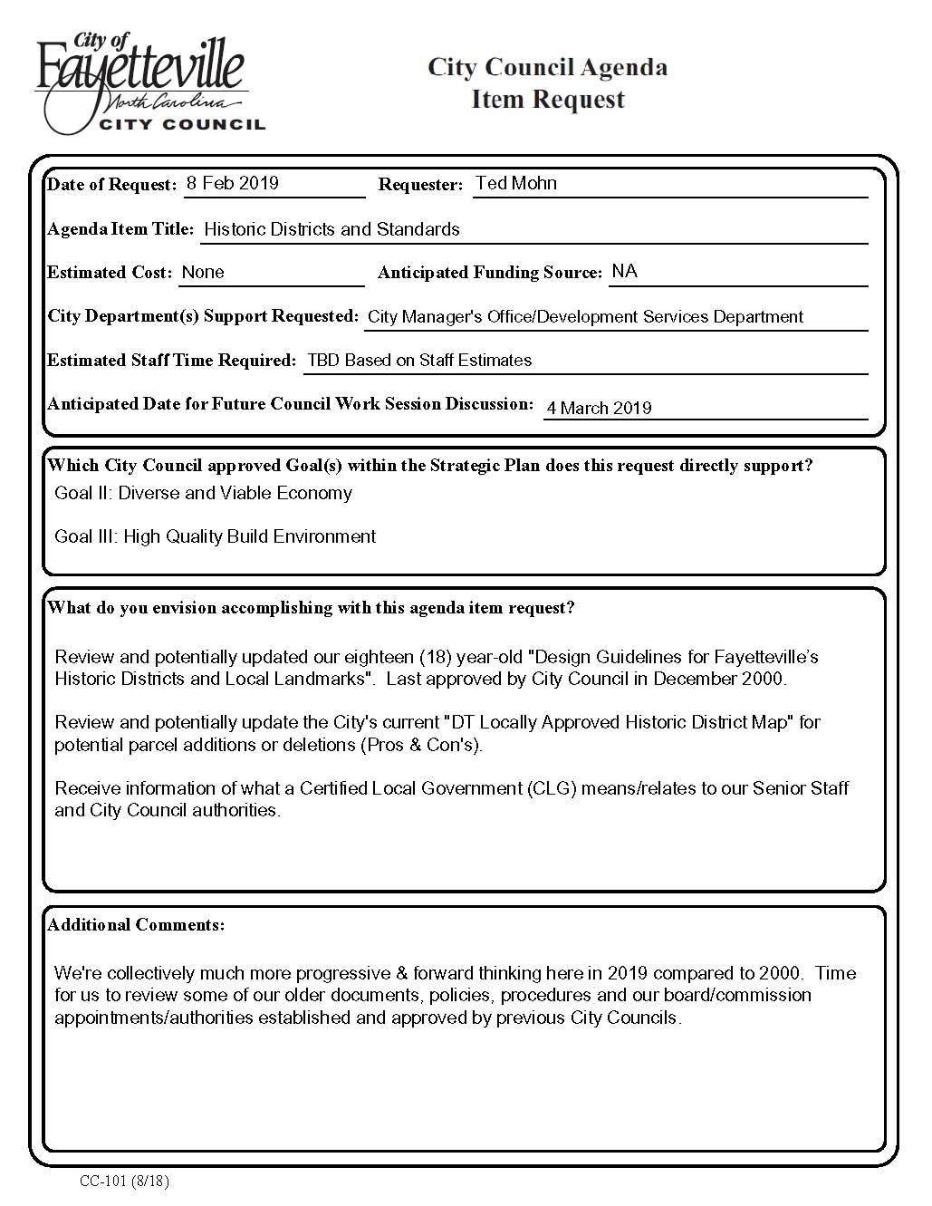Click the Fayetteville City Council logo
click(149, 84)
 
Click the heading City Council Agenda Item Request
click(547, 82)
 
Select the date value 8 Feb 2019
click(233, 183)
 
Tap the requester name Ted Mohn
click(515, 183)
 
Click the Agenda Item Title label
click(120, 229)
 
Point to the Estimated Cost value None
click(203, 272)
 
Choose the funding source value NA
click(624, 271)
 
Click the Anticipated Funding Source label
click(489, 273)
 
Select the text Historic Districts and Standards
click(331, 229)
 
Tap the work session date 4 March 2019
click(599, 408)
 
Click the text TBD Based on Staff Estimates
click(419, 360)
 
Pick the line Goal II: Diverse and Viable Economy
click(203, 493)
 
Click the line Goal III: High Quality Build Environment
click(215, 536)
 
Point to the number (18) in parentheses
click(435, 657)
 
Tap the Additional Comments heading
click(136, 925)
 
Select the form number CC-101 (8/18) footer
click(124, 1181)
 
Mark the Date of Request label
click(111, 185)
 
